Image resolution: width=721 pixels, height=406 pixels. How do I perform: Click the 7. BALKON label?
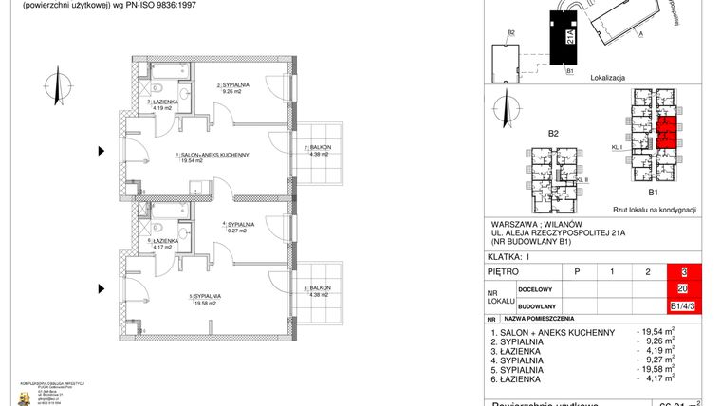click(317, 151)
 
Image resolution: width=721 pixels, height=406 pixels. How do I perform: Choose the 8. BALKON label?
click(317, 291)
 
